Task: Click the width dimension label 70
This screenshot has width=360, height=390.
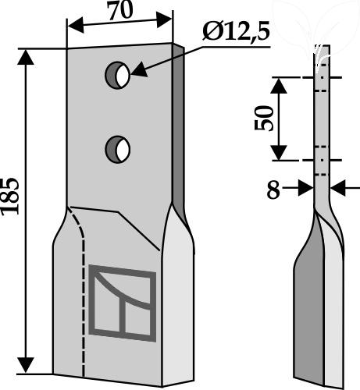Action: pyautogui.click(x=120, y=11)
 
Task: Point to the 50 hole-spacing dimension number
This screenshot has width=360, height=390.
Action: pyautogui.click(x=264, y=118)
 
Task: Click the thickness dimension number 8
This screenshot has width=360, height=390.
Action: pyautogui.click(x=273, y=190)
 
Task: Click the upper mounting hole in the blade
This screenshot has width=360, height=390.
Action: pyautogui.click(x=117, y=75)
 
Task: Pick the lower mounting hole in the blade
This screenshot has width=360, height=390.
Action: pyautogui.click(x=118, y=150)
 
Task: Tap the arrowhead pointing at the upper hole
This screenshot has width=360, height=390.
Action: pyautogui.click(x=139, y=70)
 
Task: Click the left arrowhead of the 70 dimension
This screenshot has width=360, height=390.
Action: pyautogui.click(x=76, y=26)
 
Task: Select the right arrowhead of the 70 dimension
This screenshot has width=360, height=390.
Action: pyautogui.click(x=164, y=20)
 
